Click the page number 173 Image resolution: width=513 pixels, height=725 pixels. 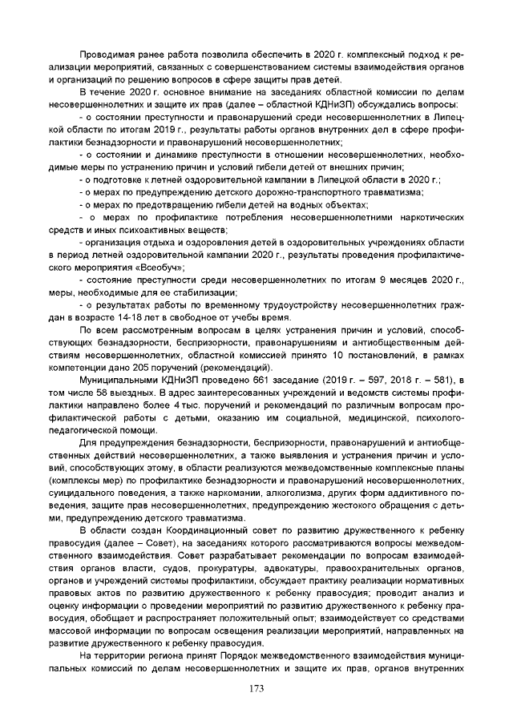[256, 689]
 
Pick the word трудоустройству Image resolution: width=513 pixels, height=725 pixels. [288, 304]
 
